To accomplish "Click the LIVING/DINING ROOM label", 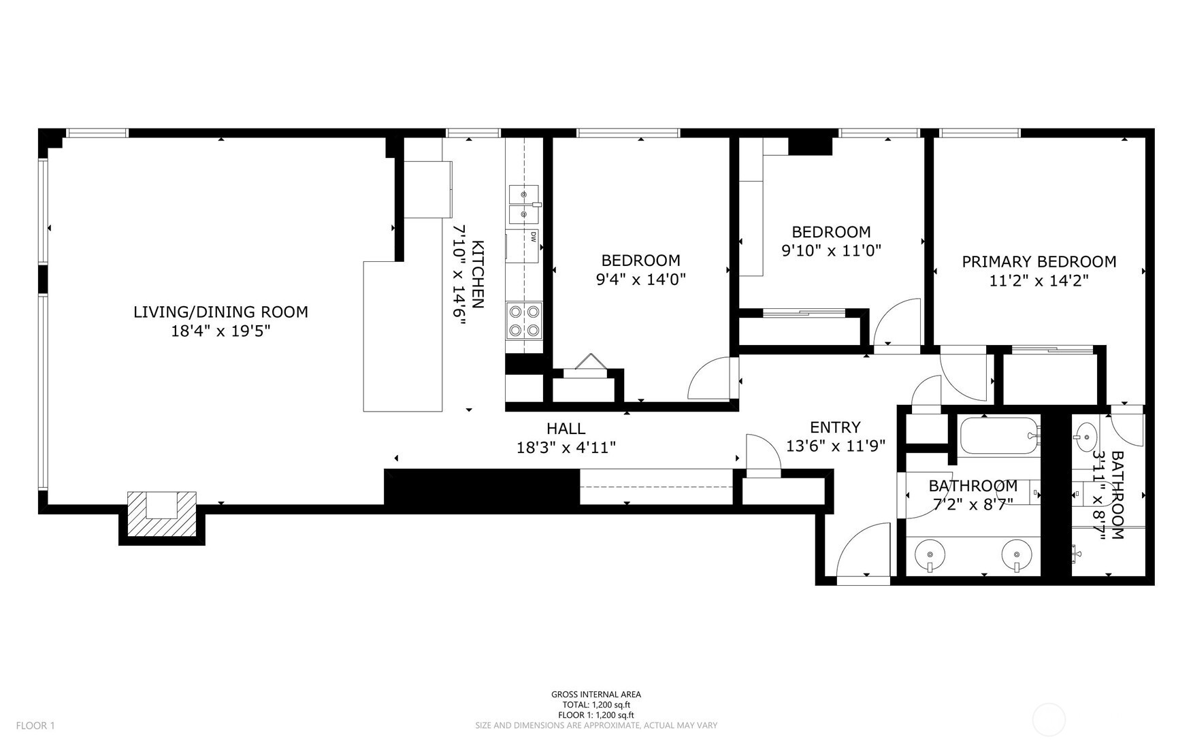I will [x=220, y=312].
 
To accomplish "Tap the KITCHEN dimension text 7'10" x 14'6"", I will [x=459, y=276].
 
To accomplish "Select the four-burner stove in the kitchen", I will [x=524, y=321].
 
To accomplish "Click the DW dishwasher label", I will [x=534, y=237].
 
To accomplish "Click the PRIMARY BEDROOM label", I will [x=1039, y=262].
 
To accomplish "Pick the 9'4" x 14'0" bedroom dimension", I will [x=640, y=279].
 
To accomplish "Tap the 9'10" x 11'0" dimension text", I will [x=831, y=250].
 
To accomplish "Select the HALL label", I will [x=566, y=429].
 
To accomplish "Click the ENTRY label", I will [x=835, y=427].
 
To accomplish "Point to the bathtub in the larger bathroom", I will [x=998, y=436].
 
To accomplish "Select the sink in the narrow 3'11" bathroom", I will [x=1085, y=433].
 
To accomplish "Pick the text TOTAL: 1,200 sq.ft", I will [x=595, y=705].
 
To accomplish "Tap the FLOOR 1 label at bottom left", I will [x=35, y=725].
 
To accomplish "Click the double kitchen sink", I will [x=523, y=204].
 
